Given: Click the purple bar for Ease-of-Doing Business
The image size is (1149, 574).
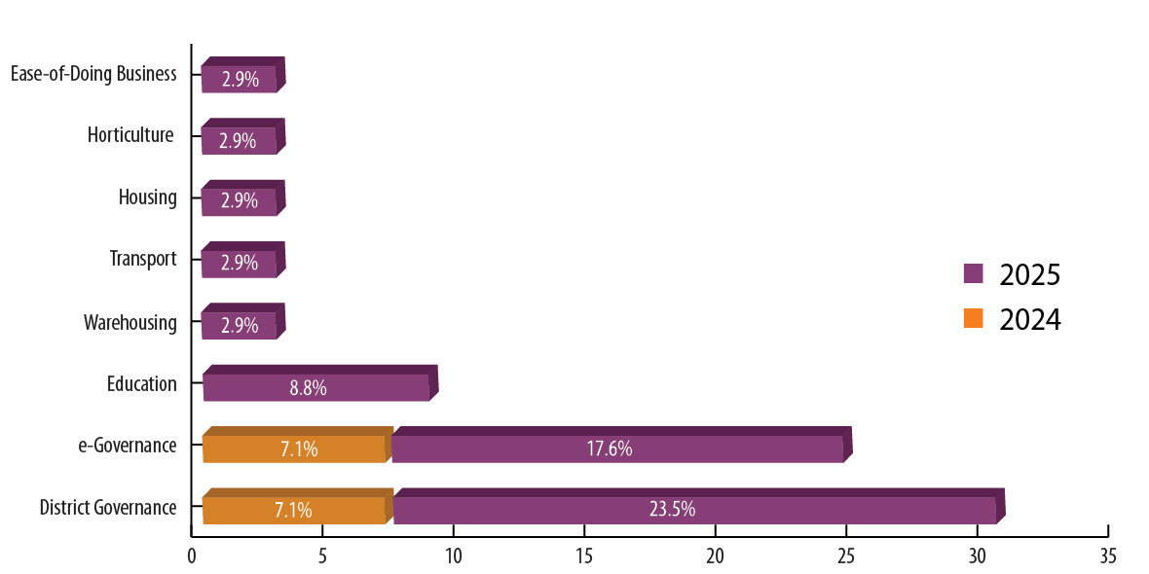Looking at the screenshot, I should coord(241,78).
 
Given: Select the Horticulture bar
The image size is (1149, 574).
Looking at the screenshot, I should coord(241,140).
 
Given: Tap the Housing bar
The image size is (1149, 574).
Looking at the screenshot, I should coord(241,201).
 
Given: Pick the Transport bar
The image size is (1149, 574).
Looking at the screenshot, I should coord(241,263).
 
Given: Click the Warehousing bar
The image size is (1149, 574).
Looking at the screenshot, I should coord(241,325).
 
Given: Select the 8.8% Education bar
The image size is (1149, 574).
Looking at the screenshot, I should coord(316,386).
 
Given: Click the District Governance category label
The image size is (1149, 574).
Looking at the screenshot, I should coord(108,508).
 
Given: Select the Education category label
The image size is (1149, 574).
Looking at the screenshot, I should coord(142,384).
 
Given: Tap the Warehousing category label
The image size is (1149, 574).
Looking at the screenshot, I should coord(130,323).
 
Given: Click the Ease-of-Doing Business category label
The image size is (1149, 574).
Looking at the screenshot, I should coord(93,75).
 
